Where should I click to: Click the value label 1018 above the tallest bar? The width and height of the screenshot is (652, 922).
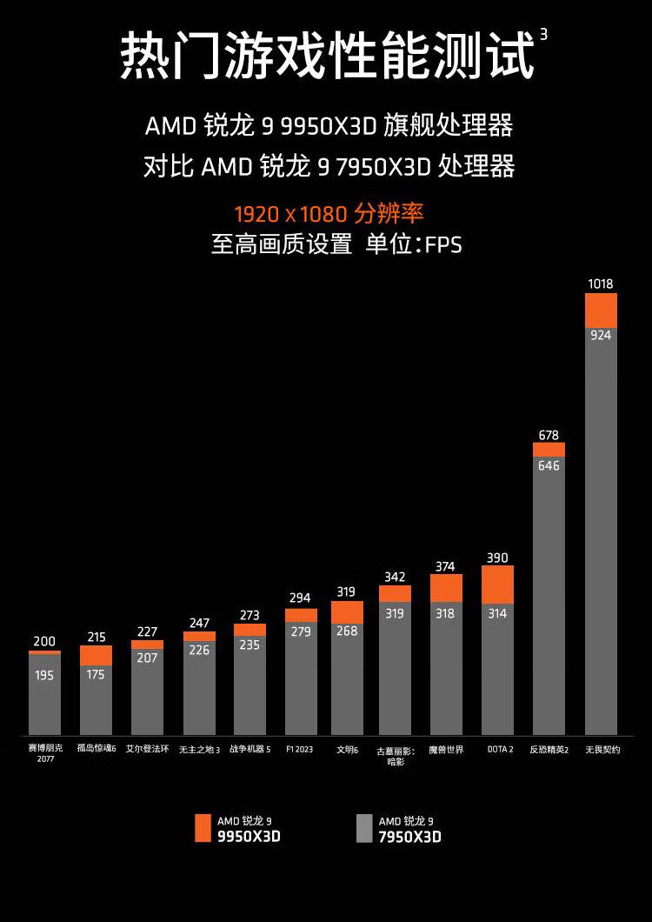click(601, 284)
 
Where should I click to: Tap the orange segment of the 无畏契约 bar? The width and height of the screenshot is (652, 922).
click(601, 311)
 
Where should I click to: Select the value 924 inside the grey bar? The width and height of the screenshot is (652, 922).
click(601, 335)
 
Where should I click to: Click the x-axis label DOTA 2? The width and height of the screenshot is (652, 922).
click(499, 749)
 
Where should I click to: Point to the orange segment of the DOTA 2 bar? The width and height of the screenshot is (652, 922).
click(497, 585)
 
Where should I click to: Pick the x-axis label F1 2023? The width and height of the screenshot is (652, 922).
click(299, 749)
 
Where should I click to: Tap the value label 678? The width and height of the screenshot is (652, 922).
click(549, 435)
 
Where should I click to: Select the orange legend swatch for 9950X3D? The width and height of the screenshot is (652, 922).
click(203, 828)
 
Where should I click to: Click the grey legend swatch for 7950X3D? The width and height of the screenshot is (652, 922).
click(364, 828)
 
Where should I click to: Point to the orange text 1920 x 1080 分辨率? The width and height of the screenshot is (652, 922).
click(329, 213)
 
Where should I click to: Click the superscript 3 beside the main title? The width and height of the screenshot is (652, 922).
click(543, 34)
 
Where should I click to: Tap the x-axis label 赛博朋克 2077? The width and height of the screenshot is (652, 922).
click(44, 753)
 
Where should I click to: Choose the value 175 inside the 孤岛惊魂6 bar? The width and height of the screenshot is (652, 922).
click(96, 674)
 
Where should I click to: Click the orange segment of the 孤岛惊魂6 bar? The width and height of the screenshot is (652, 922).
click(96, 656)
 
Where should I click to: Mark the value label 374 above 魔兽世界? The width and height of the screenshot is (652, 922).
click(445, 566)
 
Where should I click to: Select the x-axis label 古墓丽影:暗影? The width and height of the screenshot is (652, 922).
click(396, 754)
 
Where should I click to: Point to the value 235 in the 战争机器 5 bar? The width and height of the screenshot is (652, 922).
click(249, 645)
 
